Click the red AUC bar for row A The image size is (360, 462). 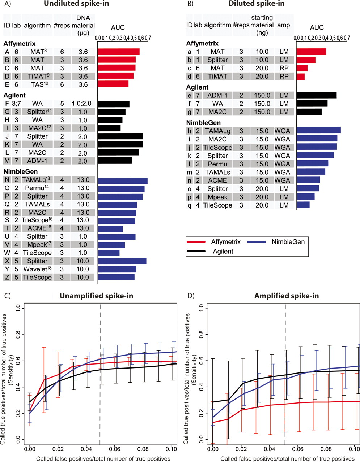(118, 52)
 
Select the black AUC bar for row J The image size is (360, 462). (120, 136)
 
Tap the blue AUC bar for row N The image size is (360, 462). (122, 180)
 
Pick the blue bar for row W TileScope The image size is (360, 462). (109, 253)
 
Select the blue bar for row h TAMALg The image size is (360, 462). (318, 131)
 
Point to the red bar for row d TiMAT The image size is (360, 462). (300, 77)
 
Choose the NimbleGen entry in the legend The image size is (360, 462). (288, 242)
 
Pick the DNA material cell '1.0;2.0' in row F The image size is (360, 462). (83, 104)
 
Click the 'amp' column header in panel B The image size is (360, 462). (284, 25)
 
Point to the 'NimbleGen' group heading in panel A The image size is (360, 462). (21, 171)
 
